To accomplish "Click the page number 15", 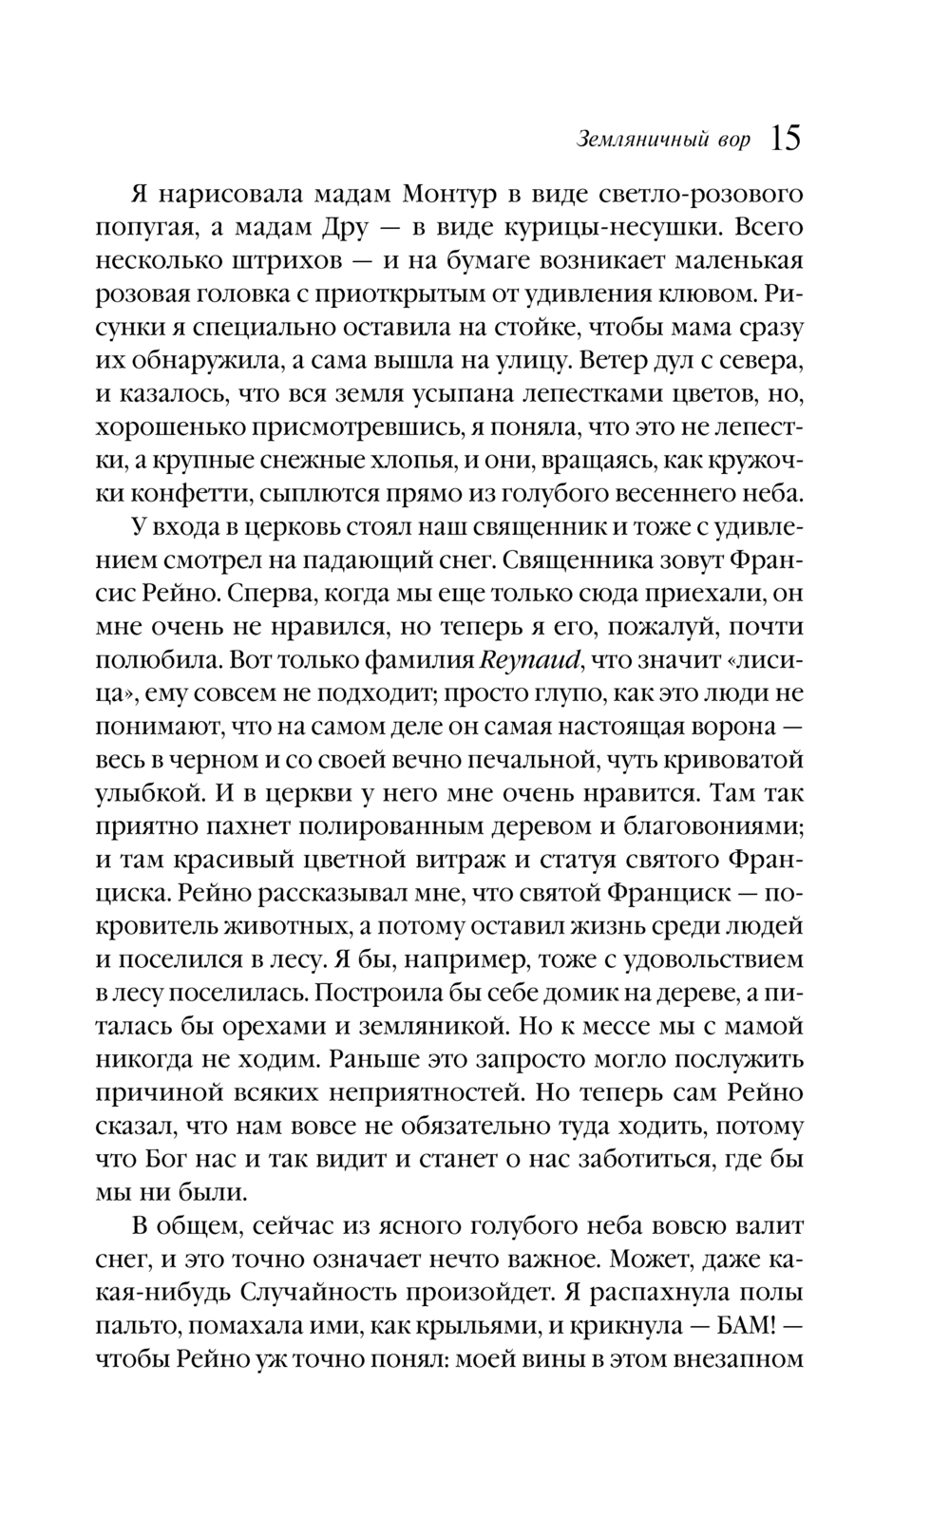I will tap(786, 140).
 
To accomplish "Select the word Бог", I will tap(181, 1159).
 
